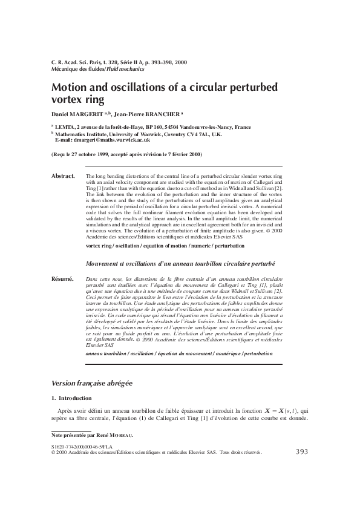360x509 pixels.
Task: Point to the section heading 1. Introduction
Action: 71,398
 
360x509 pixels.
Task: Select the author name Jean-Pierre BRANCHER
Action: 147,114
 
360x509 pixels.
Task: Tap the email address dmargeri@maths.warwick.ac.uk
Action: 116,140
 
